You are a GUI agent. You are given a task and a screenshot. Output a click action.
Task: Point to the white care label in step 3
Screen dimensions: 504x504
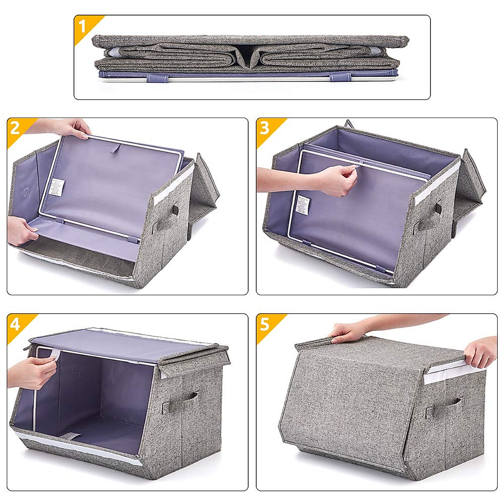(304, 205)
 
